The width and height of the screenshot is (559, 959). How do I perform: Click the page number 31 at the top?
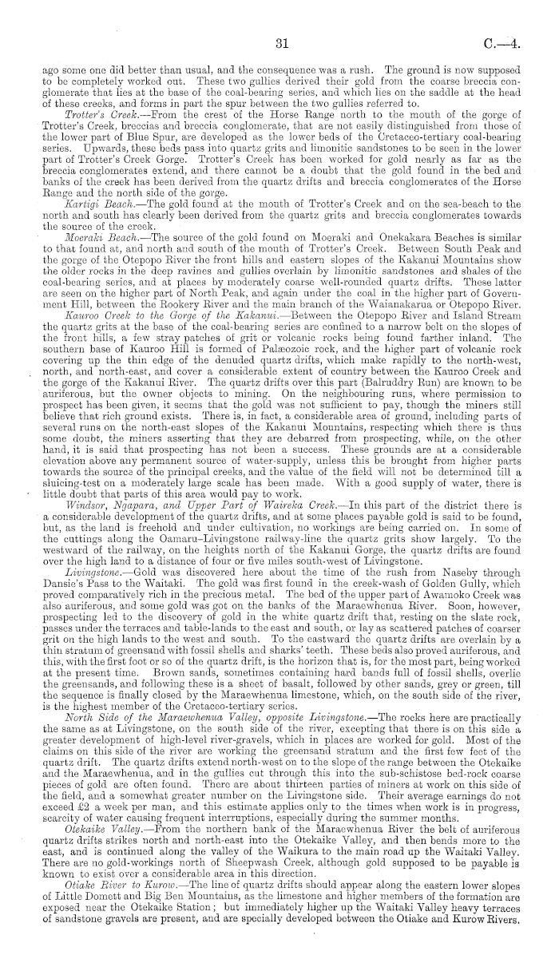[x=279, y=42]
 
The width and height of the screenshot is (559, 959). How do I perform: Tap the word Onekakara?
[x=377, y=219]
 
